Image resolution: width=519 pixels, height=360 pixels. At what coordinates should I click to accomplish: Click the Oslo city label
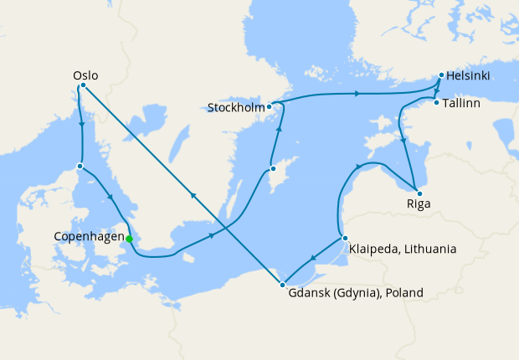click(x=86, y=75)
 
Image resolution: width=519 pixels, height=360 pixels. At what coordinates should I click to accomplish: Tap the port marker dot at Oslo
click(x=82, y=85)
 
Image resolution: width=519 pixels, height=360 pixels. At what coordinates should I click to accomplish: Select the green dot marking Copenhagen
click(x=129, y=239)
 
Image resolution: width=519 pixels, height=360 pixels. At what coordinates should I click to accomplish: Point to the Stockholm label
click(x=236, y=107)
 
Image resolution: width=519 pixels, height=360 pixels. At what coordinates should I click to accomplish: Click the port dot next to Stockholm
click(x=269, y=106)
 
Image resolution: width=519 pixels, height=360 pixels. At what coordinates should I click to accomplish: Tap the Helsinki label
click(x=469, y=76)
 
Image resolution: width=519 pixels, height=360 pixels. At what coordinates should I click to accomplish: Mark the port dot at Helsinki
click(x=440, y=75)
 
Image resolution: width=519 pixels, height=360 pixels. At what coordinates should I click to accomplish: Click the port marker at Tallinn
click(x=436, y=103)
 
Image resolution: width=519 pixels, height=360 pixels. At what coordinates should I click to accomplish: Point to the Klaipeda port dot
click(x=344, y=239)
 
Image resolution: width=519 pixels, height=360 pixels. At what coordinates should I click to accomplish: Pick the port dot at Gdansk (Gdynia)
click(x=283, y=285)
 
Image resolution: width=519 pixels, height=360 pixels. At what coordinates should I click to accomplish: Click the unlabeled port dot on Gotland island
click(x=273, y=169)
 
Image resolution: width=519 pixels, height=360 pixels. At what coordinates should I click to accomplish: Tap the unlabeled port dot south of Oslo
click(x=80, y=166)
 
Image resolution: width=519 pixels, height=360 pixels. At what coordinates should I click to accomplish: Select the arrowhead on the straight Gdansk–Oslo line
click(x=193, y=195)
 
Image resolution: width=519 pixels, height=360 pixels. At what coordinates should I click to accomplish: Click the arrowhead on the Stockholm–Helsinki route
click(x=358, y=94)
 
